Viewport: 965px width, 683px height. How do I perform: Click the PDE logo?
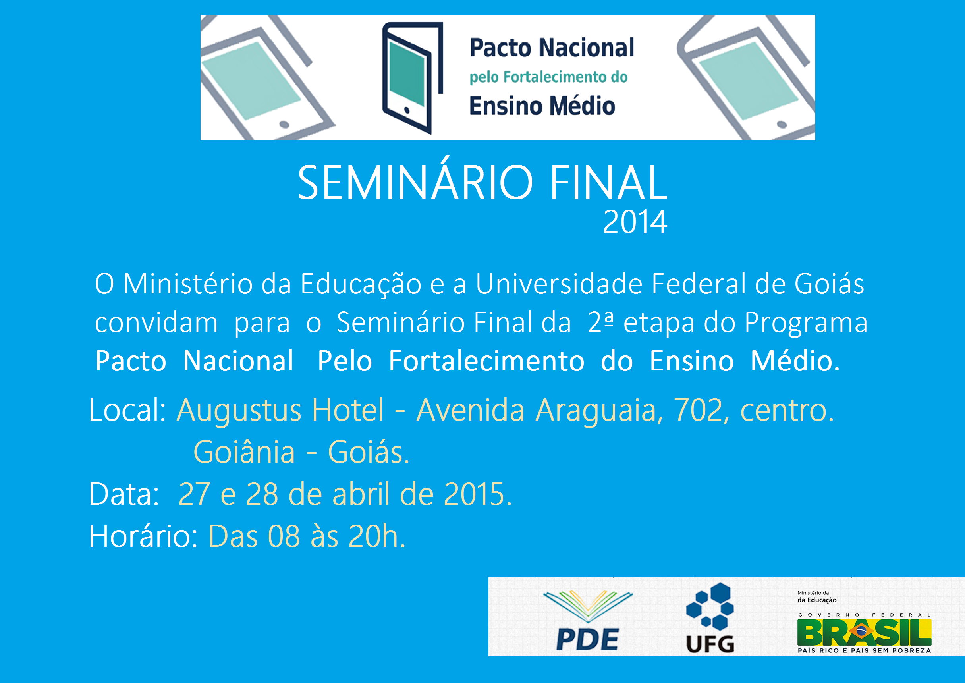(x=588, y=620)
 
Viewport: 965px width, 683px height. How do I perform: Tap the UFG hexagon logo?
(x=710, y=617)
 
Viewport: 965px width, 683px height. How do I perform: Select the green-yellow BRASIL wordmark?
(x=864, y=633)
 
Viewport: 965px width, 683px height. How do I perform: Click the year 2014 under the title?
(x=635, y=222)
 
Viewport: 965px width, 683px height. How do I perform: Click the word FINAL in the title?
(x=608, y=183)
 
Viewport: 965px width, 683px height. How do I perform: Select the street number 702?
(x=698, y=410)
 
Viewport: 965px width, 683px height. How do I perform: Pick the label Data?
(x=124, y=494)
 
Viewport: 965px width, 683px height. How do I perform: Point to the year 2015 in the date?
(x=474, y=494)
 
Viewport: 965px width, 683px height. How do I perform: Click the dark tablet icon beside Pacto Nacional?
(x=413, y=78)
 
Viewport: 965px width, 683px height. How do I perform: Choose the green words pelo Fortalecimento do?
(x=548, y=77)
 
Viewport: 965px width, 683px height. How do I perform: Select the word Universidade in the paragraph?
(x=559, y=284)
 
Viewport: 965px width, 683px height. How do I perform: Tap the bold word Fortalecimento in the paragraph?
(x=486, y=361)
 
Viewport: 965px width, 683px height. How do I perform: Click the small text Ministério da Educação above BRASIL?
(x=816, y=597)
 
